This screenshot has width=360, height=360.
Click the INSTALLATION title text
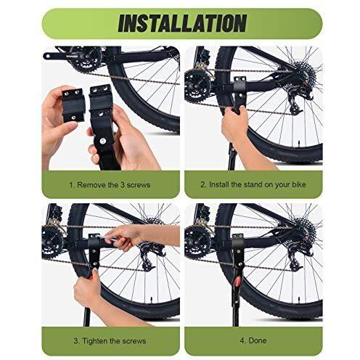tap(182, 23)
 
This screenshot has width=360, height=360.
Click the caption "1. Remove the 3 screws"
tap(110, 185)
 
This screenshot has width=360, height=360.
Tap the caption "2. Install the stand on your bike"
tap(253, 184)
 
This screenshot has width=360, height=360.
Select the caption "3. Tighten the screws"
tap(110, 341)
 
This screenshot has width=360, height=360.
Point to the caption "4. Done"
tap(253, 340)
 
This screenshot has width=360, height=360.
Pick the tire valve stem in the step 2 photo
tap(299, 142)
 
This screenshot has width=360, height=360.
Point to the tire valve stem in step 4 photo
tap(299, 299)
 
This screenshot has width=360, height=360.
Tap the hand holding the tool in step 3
tap(123, 237)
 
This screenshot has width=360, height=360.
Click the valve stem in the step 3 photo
tap(152, 299)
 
